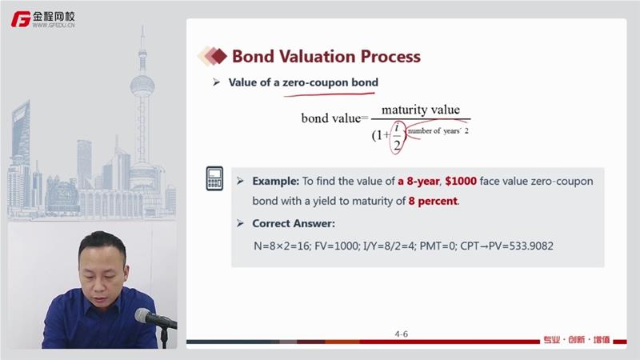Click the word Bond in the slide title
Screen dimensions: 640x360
coord(253,56)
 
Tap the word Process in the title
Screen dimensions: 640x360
coord(390,56)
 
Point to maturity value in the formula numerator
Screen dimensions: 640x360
coord(421,110)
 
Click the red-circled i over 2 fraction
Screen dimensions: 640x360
coord(397,137)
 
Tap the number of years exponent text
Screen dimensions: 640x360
coord(438,131)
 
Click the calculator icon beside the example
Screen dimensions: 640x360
coord(214,178)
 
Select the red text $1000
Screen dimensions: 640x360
coord(461,181)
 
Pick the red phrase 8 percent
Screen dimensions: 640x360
coord(433,201)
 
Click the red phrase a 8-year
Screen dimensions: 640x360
coord(418,182)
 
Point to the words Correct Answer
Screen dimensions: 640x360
coord(294,223)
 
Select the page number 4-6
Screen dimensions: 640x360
coord(402,334)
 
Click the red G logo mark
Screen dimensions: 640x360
coord(21,19)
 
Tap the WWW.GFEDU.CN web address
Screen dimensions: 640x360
coord(54,25)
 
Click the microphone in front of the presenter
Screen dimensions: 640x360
coord(155,318)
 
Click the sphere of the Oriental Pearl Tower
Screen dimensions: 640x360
coord(142,86)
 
